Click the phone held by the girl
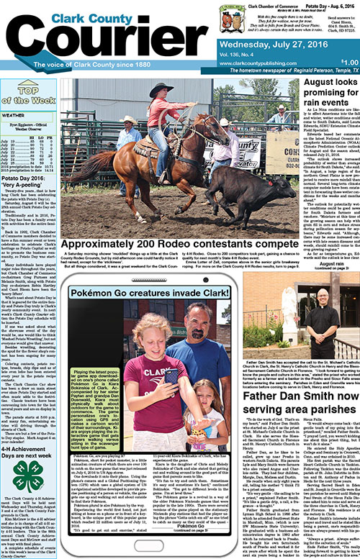coord(171,376)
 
